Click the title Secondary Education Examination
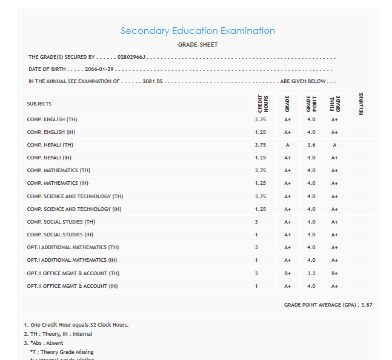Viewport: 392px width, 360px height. pos(198,31)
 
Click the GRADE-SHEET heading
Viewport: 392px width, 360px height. pos(198,45)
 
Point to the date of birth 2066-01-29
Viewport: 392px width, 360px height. pos(99,69)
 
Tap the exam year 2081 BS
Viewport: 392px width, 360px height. pos(153,81)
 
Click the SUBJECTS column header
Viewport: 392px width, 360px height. pos(39,104)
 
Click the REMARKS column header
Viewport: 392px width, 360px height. pos(361,104)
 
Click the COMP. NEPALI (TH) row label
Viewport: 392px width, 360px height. pos(50,145)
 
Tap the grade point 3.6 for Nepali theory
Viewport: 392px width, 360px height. pos(311,145)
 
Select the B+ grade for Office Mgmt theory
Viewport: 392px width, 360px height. pos(288,273)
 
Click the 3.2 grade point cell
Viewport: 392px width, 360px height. pos(311,273)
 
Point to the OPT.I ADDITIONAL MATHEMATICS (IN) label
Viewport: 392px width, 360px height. pos(72,260)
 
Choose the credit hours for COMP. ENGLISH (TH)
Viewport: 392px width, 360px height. pos(261,119)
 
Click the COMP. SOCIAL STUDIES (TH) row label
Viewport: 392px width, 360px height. pos(61,222)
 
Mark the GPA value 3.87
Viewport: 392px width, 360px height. pos(367,305)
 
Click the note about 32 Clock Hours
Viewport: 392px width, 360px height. pos(76,325)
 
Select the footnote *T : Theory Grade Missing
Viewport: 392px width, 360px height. pos(62,352)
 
